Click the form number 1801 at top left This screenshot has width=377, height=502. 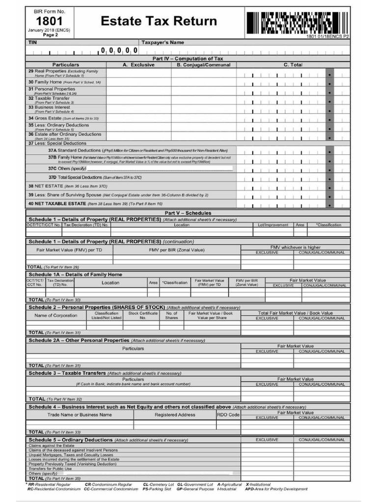49,21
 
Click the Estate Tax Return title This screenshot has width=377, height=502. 159,21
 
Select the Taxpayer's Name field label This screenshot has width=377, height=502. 162,43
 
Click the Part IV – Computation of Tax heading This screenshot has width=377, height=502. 188,58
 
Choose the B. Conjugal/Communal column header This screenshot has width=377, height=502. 203,65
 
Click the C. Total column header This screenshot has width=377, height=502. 293,65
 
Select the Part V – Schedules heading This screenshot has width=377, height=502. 188,213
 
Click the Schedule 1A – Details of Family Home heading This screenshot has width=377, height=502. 75,275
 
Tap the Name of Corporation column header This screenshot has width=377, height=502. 55,315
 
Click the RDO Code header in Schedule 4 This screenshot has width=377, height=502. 228,415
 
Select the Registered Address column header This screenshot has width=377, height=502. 175,415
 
